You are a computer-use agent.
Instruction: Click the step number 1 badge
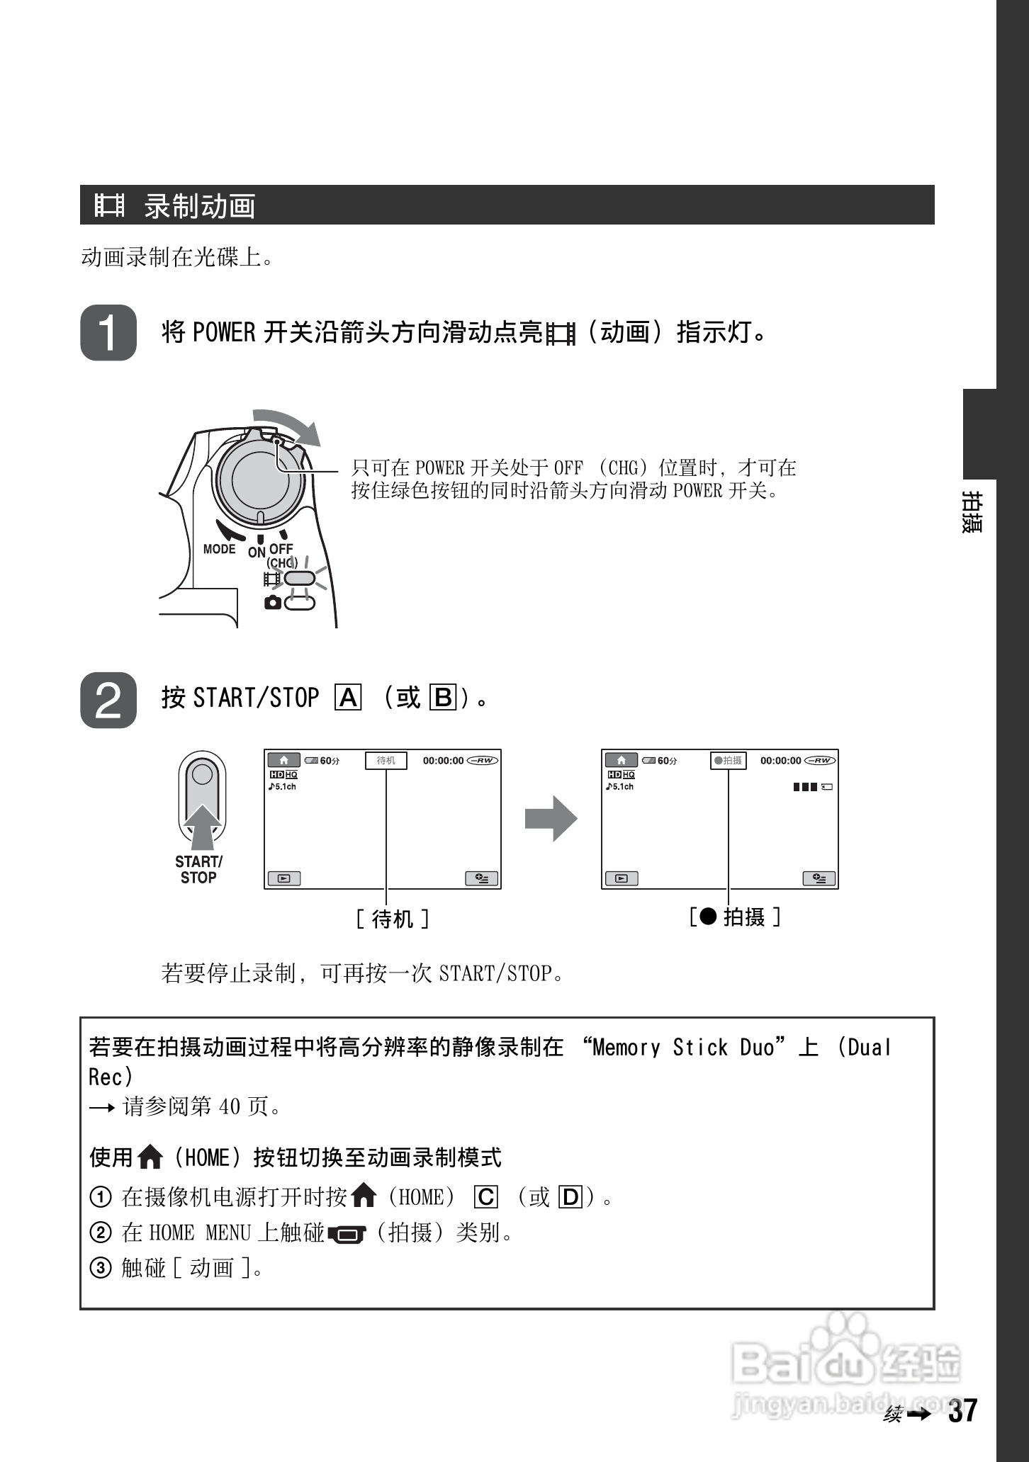click(x=108, y=333)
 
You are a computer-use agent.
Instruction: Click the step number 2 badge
click(x=108, y=700)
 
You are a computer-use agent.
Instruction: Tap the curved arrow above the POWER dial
click(x=289, y=424)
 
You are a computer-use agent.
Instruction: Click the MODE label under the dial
click(x=219, y=549)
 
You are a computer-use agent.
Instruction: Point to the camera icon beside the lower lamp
click(x=271, y=603)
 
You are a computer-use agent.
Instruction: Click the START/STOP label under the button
click(x=198, y=870)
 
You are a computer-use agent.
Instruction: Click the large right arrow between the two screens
click(x=551, y=819)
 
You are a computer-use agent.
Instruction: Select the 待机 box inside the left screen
click(x=386, y=761)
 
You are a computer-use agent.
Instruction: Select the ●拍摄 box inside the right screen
click(x=728, y=761)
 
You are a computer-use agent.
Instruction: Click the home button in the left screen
click(x=283, y=761)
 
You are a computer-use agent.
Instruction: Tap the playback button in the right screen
click(x=621, y=878)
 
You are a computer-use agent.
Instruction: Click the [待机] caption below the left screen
click(x=392, y=919)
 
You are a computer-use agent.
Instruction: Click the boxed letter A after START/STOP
click(x=348, y=698)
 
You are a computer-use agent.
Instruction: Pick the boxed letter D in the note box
click(x=570, y=1198)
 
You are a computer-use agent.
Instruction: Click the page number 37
click(x=962, y=1411)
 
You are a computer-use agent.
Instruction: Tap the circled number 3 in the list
click(x=101, y=1268)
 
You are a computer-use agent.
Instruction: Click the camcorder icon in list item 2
click(x=347, y=1235)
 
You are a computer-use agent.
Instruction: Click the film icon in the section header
click(x=110, y=205)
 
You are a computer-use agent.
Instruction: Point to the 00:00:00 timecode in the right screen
click(x=780, y=761)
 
